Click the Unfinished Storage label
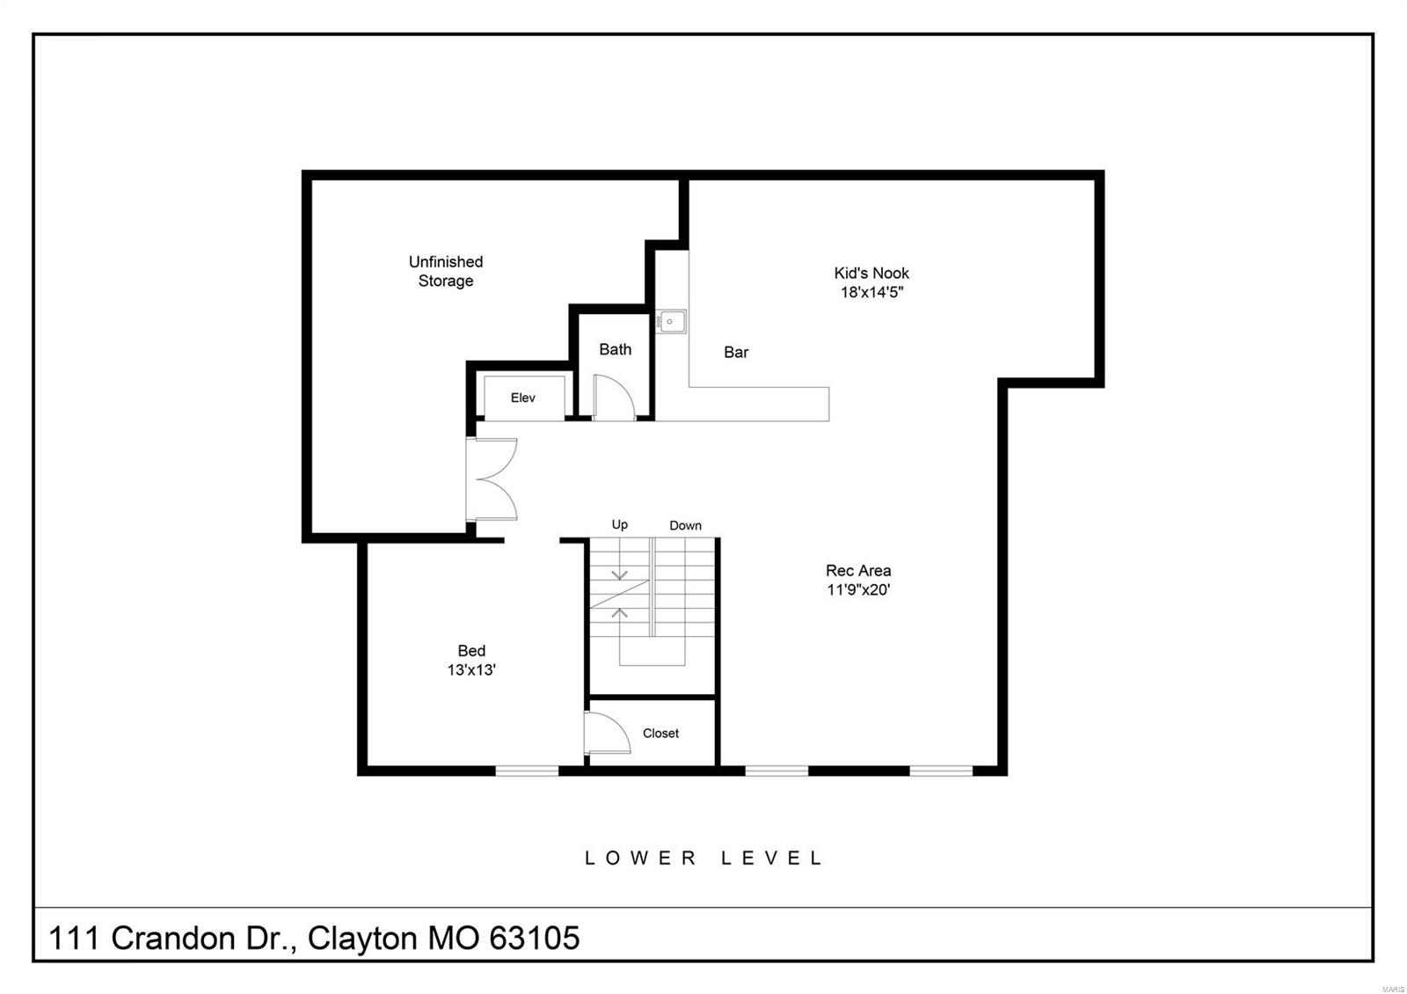(x=445, y=271)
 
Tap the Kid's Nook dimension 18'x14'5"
(x=871, y=292)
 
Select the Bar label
(x=736, y=353)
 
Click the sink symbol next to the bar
(x=671, y=322)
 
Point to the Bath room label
(x=615, y=349)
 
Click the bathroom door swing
(x=614, y=398)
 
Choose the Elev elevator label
(x=522, y=398)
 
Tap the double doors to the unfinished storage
(x=491, y=479)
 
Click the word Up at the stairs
(x=620, y=524)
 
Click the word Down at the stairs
(x=685, y=525)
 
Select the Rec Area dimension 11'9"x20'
(x=858, y=589)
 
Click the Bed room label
(x=471, y=651)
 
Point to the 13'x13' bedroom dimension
(x=471, y=670)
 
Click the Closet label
(x=660, y=733)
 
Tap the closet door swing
(x=607, y=734)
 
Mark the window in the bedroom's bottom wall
(x=527, y=771)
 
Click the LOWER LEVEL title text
(x=703, y=858)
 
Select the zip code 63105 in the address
(x=535, y=939)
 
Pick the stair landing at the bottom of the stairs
(x=652, y=651)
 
